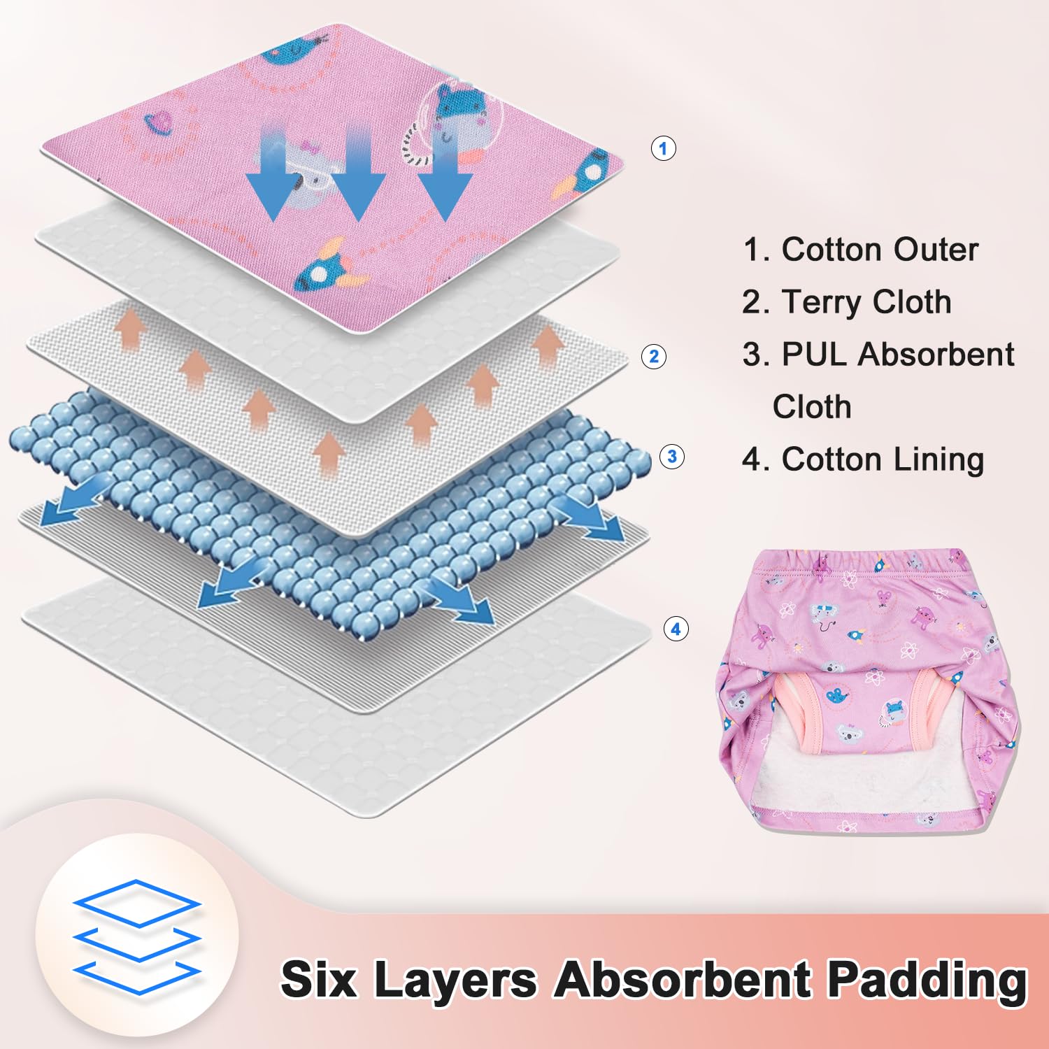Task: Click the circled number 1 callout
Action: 663,148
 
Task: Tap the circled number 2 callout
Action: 654,357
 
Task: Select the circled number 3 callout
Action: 672,457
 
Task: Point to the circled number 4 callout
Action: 676,629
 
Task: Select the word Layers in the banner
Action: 456,981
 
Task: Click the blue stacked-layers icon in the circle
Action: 137,937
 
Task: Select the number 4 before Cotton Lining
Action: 752,460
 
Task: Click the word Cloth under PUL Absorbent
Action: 812,407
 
